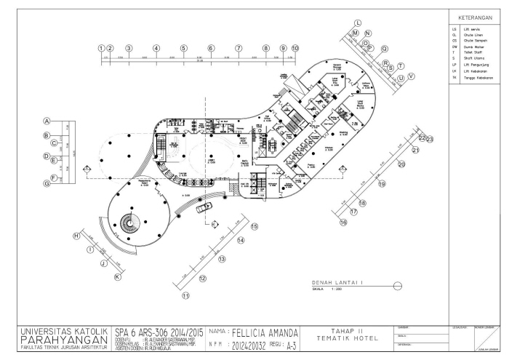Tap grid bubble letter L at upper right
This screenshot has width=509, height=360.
coord(357,24)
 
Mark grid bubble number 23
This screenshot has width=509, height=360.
coord(430,138)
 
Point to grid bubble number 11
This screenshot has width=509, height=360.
coord(186,295)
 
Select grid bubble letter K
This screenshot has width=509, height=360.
coord(117,276)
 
